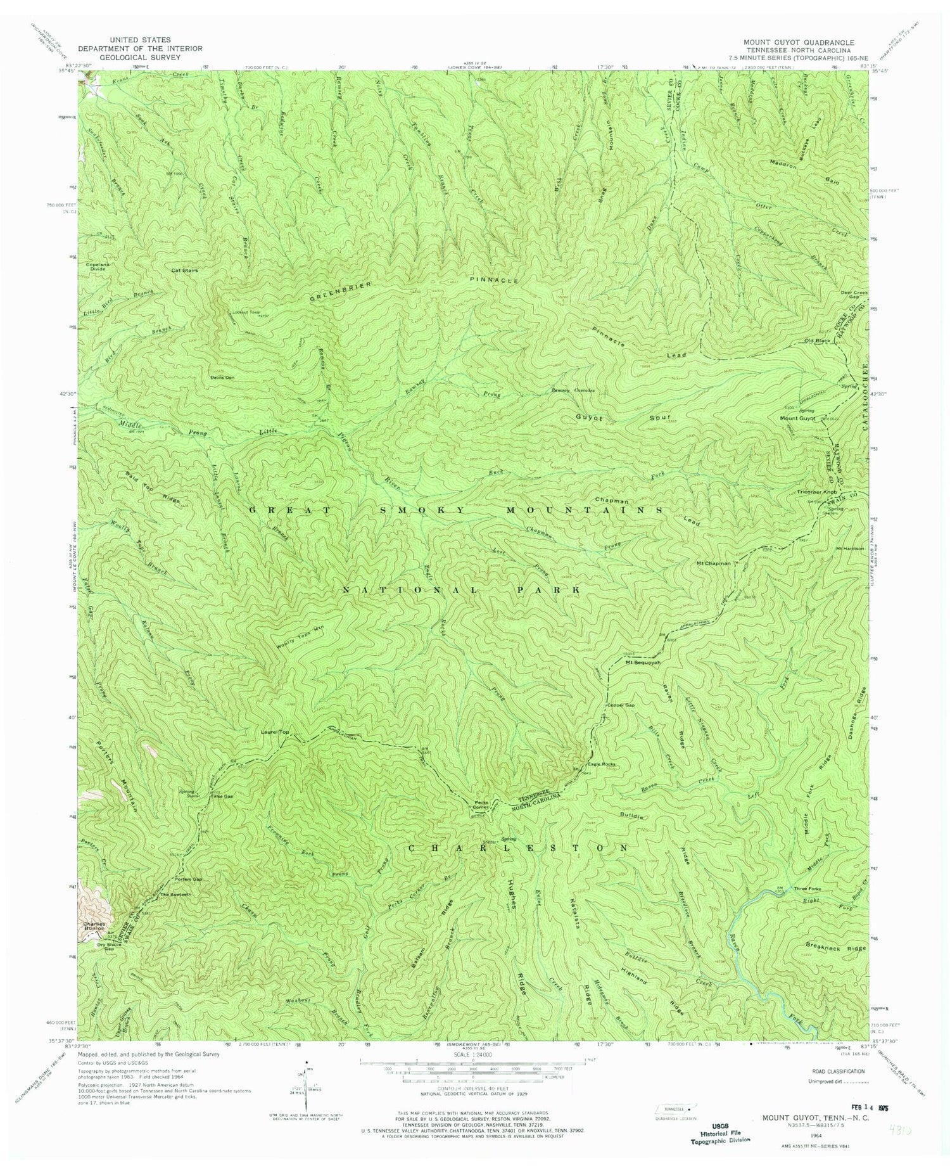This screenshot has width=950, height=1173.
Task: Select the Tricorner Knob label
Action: click(x=807, y=492)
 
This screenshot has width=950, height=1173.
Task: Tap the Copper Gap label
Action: click(x=620, y=705)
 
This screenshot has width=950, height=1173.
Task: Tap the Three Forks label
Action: click(x=807, y=889)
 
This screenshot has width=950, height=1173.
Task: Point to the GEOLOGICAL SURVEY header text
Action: click(x=140, y=56)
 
